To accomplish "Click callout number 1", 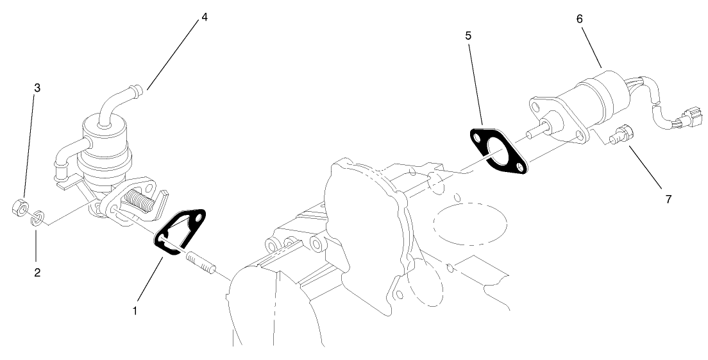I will [x=135, y=311].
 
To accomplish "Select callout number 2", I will [x=37, y=272].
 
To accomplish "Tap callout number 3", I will [x=37, y=88].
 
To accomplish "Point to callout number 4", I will [x=204, y=17].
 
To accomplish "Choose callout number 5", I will [x=469, y=35].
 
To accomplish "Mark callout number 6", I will [x=579, y=19].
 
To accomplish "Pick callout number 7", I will [x=668, y=199].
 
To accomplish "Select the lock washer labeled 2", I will [x=38, y=218].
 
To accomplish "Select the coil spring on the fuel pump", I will [x=143, y=201].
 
